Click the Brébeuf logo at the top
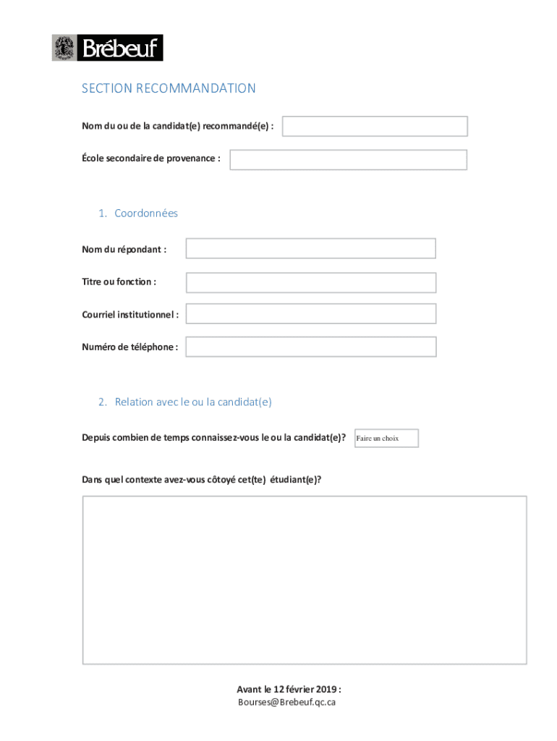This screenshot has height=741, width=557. pyautogui.click(x=107, y=48)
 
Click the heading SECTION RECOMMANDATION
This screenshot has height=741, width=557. pyautogui.click(x=169, y=88)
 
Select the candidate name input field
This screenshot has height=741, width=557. pyautogui.click(x=375, y=127)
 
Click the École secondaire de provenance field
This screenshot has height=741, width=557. pyautogui.click(x=348, y=160)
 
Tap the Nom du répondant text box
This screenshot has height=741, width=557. pyautogui.click(x=310, y=248)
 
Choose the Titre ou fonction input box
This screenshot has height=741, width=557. pyautogui.click(x=310, y=282)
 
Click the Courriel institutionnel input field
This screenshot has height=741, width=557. pyautogui.click(x=310, y=313)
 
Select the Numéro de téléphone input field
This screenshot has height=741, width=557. pyautogui.click(x=310, y=347)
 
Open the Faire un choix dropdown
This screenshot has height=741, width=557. pyautogui.click(x=386, y=439)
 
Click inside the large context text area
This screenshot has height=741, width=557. pyautogui.click(x=304, y=579)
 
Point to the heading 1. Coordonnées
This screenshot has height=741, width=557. pyautogui.click(x=138, y=213)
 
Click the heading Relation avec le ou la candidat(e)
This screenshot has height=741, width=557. pyautogui.click(x=185, y=402)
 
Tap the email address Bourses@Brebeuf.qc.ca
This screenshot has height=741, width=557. pyautogui.click(x=287, y=702)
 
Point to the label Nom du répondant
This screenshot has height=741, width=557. pyautogui.click(x=124, y=249)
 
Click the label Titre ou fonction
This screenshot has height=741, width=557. pyautogui.click(x=119, y=281)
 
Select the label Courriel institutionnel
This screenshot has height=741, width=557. pyautogui.click(x=130, y=314)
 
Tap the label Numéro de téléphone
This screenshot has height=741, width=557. pyautogui.click(x=130, y=347)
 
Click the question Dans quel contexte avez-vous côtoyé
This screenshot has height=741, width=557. pyautogui.click(x=202, y=479)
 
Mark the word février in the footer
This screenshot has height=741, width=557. pyautogui.click(x=297, y=689)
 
